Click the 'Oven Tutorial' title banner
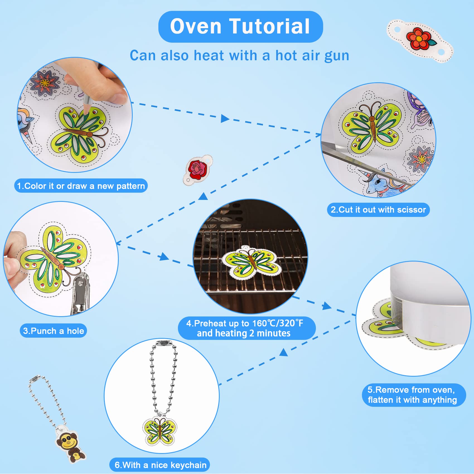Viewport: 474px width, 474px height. [x=240, y=26]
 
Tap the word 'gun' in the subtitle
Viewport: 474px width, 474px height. [x=337, y=56]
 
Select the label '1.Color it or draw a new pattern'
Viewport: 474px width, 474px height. [x=81, y=186]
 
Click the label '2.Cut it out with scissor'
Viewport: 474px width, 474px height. [x=378, y=210]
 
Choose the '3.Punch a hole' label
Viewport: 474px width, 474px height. [x=53, y=331]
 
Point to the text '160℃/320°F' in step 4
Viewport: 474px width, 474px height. [x=277, y=323]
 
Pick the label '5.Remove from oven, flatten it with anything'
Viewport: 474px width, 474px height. [x=413, y=395]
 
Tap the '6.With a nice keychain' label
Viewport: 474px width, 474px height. [x=160, y=465]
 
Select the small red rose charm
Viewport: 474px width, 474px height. [x=198, y=168]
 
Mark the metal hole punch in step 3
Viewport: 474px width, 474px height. [x=80, y=294]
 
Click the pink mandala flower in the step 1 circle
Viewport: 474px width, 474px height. [x=45, y=82]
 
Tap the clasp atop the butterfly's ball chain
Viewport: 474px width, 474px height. [x=162, y=343]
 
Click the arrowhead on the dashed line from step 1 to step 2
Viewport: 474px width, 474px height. [x=225, y=118]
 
